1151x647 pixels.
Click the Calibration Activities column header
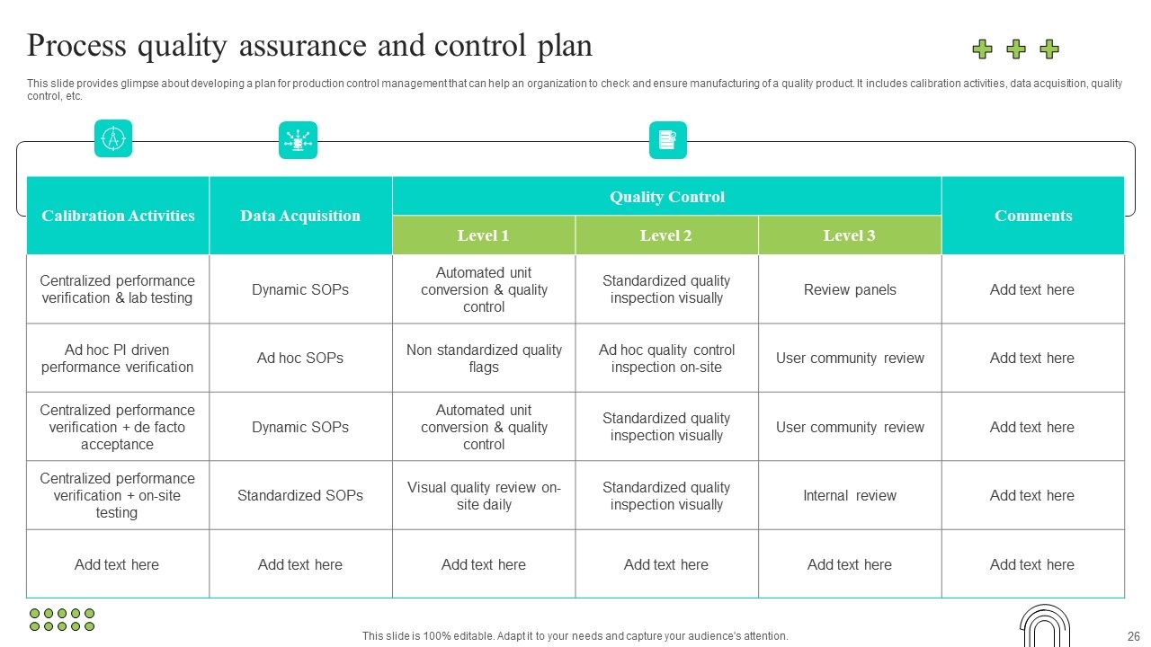click(118, 216)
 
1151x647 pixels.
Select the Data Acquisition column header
click(300, 216)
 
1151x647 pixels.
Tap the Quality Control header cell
click(666, 197)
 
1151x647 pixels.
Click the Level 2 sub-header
click(666, 235)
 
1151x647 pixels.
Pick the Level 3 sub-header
click(849, 235)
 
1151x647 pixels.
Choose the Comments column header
click(1033, 216)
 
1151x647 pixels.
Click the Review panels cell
click(850, 289)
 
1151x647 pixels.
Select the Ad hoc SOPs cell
click(300, 358)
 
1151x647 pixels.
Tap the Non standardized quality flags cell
click(484, 358)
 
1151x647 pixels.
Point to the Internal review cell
click(850, 495)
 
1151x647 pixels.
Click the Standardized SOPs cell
click(300, 495)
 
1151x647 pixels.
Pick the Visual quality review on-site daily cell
click(484, 495)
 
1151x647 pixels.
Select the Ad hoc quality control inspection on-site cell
click(666, 358)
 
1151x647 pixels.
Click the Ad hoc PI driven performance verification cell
click(117, 358)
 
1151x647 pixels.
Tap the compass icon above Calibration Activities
click(113, 138)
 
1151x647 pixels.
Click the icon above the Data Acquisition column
click(298, 140)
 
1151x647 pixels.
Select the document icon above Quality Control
click(667, 140)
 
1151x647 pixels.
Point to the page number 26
click(1132, 635)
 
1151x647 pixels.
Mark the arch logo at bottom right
click(1045, 625)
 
